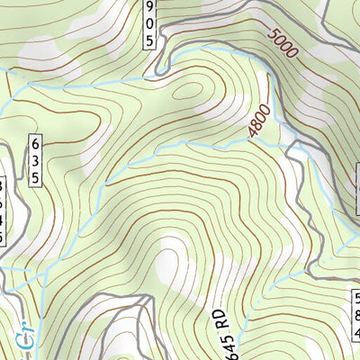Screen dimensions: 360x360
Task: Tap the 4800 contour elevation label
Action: pos(259,125)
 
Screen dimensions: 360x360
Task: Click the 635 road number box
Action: pos(36,160)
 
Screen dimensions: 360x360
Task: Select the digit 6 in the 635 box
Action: pos(36,144)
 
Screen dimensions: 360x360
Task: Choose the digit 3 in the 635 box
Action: pos(36,160)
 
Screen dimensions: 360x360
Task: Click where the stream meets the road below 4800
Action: pos(290,146)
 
